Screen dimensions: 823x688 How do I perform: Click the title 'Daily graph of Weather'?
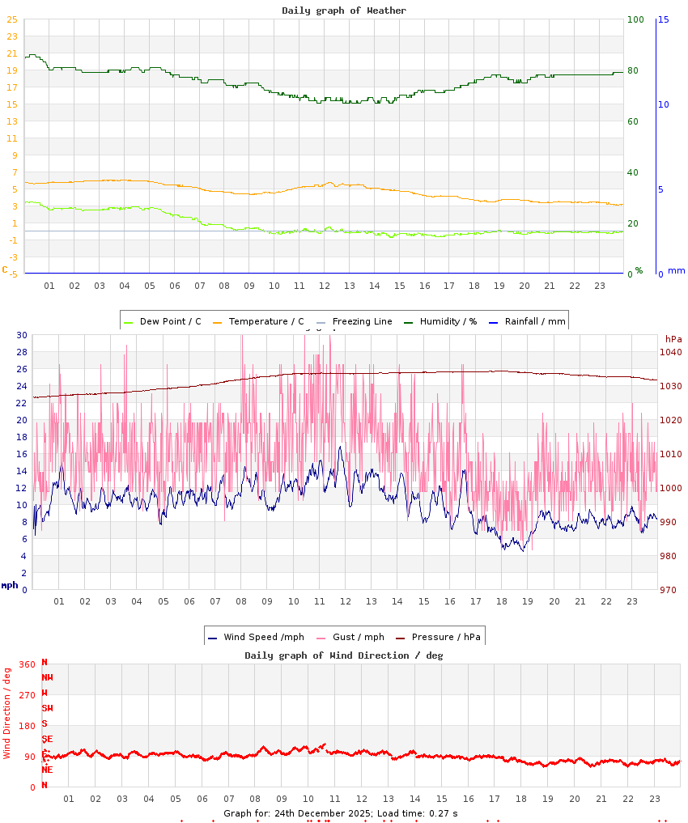click(x=344, y=11)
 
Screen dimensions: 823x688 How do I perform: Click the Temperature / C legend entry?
click(x=258, y=321)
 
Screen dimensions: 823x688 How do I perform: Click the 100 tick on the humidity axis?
click(x=635, y=19)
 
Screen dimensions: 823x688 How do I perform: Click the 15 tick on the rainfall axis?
click(x=664, y=19)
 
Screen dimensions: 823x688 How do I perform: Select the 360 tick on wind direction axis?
click(x=27, y=664)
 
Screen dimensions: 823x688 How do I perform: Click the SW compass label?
click(x=48, y=708)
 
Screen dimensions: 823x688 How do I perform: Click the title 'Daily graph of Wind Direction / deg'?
click(x=344, y=655)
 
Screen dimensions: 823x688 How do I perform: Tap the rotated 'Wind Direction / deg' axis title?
click(x=7, y=713)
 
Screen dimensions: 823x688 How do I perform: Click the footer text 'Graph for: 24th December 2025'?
click(x=298, y=812)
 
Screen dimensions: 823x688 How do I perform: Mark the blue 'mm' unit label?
click(x=676, y=270)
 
